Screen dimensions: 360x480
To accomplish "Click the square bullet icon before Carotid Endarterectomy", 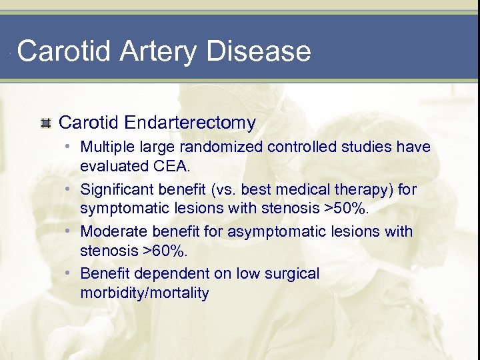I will click(45, 123).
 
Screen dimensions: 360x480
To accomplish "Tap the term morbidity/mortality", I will click(144, 293).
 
